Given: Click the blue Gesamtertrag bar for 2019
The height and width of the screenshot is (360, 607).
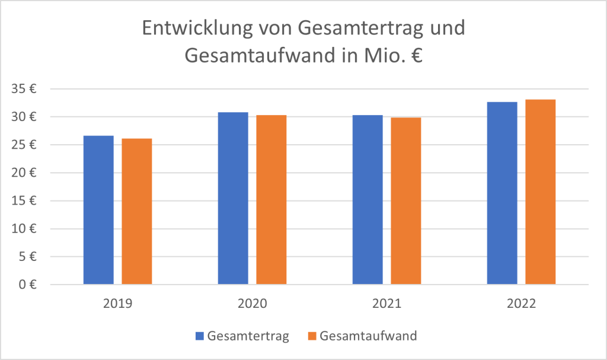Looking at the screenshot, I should click(98, 211).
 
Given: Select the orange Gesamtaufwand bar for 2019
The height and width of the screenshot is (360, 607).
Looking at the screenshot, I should click(137, 212).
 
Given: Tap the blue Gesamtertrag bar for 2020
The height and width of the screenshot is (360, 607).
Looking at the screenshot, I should click(233, 199).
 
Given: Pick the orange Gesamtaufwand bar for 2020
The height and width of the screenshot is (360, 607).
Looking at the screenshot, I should click(271, 200).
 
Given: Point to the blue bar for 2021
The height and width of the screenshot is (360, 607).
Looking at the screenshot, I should click(368, 200).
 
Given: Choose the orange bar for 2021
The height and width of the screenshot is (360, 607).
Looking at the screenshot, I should click(406, 201).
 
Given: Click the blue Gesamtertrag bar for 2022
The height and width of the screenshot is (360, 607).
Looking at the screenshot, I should click(502, 193).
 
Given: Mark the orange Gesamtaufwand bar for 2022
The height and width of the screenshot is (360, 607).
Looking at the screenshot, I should click(541, 192).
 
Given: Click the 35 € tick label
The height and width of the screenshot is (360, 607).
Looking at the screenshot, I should click(24, 89).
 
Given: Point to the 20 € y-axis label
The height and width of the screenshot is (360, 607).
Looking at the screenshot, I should click(24, 173).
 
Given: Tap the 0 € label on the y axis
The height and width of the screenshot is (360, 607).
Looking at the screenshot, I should click(27, 285).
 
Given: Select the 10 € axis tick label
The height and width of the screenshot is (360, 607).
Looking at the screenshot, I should click(24, 229).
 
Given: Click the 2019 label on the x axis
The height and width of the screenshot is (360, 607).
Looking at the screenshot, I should click(117, 304).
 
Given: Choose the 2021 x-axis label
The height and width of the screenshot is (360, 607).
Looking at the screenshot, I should click(386, 304).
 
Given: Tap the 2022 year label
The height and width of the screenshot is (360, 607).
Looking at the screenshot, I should click(521, 304).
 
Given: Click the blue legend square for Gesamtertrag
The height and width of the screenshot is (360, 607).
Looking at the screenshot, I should click(200, 336).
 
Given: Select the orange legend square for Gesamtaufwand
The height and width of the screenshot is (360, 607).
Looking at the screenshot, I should click(312, 336).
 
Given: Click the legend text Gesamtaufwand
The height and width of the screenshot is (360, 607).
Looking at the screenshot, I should click(368, 336).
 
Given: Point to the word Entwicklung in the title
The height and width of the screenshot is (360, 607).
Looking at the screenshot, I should click(190, 28).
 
